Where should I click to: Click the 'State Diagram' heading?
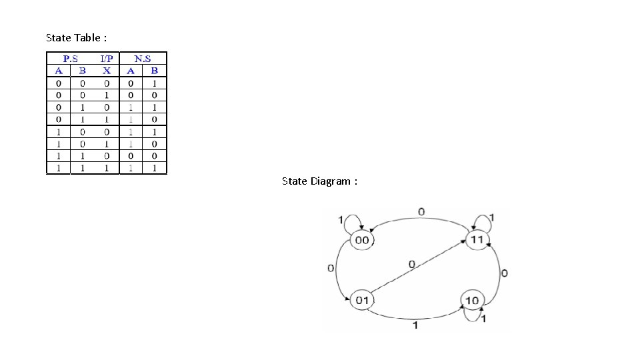(x=319, y=181)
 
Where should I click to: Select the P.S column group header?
(x=71, y=59)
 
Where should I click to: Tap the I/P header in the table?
(x=107, y=59)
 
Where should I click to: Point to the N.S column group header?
(x=143, y=59)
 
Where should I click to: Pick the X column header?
(x=107, y=71)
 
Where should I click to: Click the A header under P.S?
(x=59, y=71)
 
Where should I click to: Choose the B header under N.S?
(x=155, y=71)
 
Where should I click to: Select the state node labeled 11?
(x=477, y=239)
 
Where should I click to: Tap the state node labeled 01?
(x=362, y=300)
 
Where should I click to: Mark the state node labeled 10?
(x=472, y=301)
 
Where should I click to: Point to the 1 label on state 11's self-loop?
(x=492, y=217)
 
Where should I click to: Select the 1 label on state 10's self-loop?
(x=483, y=319)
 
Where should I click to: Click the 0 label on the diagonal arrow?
(x=411, y=265)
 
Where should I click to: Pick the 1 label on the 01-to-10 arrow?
(x=415, y=325)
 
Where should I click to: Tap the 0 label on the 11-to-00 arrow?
(x=421, y=212)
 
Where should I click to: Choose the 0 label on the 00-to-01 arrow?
(x=331, y=268)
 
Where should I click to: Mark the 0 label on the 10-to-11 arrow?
(x=504, y=273)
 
